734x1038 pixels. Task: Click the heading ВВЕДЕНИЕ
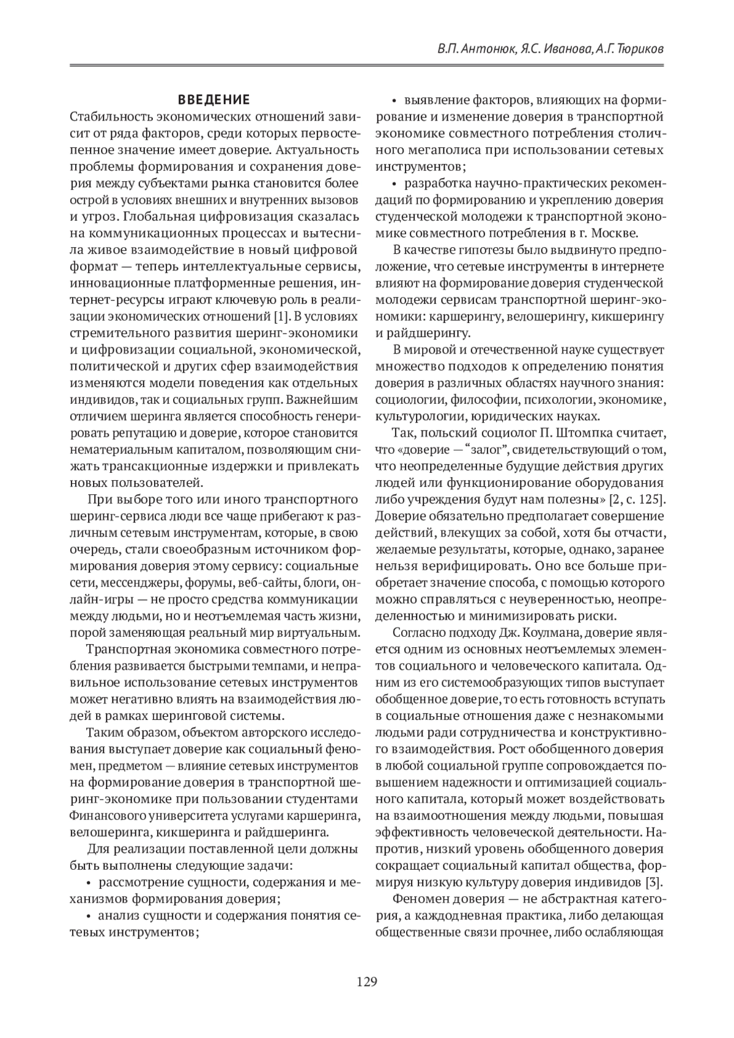click(x=213, y=100)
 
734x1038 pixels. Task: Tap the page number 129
click(x=367, y=982)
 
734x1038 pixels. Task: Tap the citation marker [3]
click(x=654, y=882)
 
